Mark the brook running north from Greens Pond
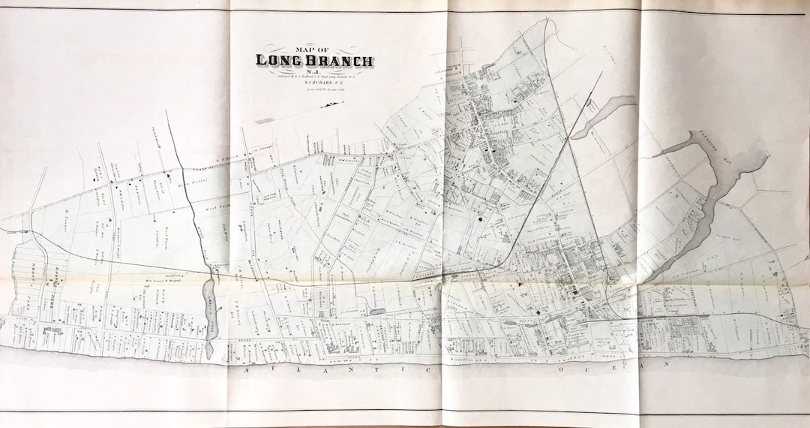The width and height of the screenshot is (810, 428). click(196, 225)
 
